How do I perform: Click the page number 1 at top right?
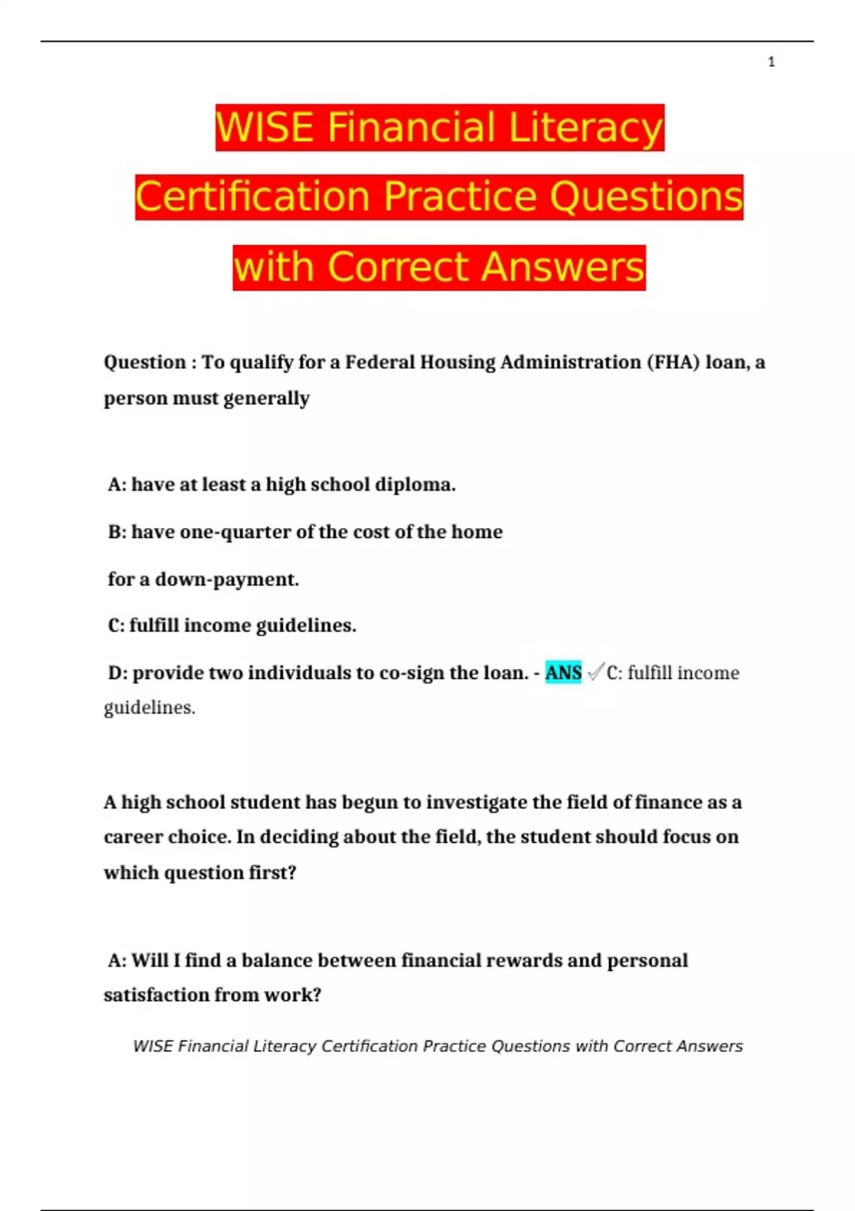(771, 62)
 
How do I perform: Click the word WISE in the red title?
(264, 128)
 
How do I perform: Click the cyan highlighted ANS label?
(563, 672)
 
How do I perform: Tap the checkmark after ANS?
(595, 672)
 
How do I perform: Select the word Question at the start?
(145, 363)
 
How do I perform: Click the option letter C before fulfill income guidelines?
(115, 625)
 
